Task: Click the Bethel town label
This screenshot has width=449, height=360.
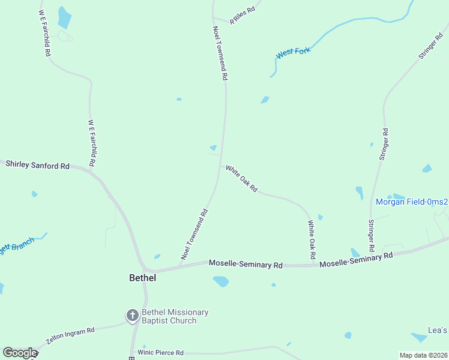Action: coord(143,278)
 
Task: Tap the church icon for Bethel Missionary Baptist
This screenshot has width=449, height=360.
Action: coord(133,315)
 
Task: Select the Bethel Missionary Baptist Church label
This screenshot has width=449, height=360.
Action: coord(175,316)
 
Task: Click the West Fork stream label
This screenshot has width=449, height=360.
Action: coord(294,53)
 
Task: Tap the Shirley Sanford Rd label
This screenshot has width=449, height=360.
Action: coord(37,165)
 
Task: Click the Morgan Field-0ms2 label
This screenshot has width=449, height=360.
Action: coord(412,202)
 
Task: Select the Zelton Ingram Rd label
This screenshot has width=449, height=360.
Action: coord(71,335)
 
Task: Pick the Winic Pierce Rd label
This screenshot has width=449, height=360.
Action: coord(160,353)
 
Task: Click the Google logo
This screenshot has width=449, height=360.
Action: coord(20,353)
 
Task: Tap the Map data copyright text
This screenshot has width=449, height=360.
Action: coord(424,355)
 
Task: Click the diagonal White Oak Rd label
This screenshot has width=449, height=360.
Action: coord(242,179)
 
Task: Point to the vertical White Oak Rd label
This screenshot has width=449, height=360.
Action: coord(312,240)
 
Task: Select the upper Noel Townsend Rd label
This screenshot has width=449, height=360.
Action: coord(220,53)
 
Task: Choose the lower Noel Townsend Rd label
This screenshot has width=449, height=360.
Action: coord(194,234)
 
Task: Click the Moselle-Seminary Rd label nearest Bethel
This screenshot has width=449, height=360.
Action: coord(246,264)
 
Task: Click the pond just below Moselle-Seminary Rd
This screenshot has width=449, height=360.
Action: coord(221,281)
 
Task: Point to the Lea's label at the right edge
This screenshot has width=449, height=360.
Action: coord(438,331)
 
